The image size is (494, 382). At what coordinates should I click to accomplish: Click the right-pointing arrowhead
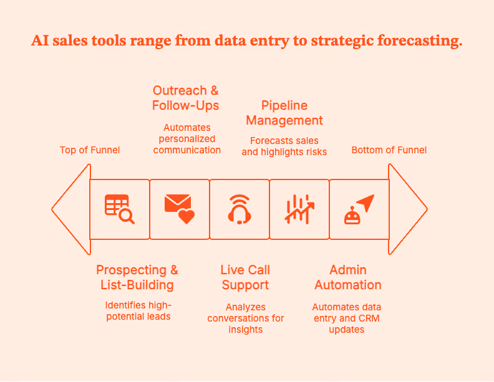(x=407, y=209)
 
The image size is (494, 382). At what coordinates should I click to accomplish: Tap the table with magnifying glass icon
(x=119, y=209)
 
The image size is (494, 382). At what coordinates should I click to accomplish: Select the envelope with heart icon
(x=179, y=209)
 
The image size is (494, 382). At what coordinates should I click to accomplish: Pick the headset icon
(x=240, y=209)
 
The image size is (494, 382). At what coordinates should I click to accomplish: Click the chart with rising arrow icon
(x=299, y=209)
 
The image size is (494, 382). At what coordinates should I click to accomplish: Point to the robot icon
(x=359, y=209)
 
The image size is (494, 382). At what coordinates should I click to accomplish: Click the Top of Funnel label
(x=90, y=150)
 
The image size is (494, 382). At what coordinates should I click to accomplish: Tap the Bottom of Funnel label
(x=389, y=150)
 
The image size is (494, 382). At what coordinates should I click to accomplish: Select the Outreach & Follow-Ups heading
(x=186, y=98)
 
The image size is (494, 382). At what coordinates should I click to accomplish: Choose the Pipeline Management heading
(x=284, y=113)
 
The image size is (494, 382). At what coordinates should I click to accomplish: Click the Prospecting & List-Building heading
(x=137, y=277)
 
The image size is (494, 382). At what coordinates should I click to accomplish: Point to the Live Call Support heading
(x=245, y=277)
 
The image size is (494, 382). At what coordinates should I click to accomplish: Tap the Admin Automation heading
(x=348, y=277)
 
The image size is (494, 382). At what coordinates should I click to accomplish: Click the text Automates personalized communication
(x=187, y=138)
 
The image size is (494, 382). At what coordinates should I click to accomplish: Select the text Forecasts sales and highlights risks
(x=284, y=146)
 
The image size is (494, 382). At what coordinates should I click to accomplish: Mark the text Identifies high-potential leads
(x=138, y=310)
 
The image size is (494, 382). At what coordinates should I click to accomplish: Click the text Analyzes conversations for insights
(x=246, y=318)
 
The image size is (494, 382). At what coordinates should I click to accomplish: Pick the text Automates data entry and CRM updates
(x=347, y=318)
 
